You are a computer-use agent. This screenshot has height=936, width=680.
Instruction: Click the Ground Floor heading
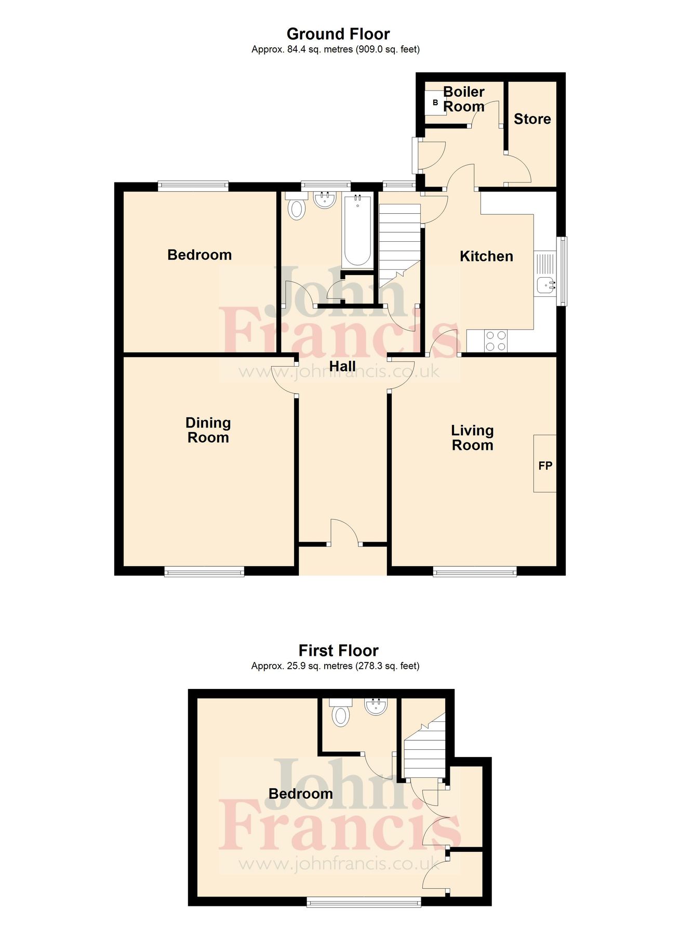tap(338, 34)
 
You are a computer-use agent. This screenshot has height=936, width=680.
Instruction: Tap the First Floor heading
tap(338, 651)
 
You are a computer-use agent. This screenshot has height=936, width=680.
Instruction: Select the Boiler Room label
tap(463, 99)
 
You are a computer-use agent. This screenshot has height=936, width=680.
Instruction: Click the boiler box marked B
tap(435, 103)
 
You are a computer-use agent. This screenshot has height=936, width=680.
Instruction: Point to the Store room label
tap(532, 119)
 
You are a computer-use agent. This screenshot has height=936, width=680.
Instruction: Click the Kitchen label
tap(486, 256)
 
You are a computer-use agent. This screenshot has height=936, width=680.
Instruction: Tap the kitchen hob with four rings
tap(495, 341)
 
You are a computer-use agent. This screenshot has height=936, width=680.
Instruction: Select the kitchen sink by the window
tap(545, 284)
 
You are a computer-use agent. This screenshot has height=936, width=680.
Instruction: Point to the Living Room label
tap(472, 438)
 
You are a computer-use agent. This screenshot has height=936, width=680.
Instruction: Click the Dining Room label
tap(208, 430)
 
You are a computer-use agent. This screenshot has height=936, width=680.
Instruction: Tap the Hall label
tap(342, 367)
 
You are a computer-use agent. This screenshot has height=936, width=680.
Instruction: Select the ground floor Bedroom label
tap(199, 255)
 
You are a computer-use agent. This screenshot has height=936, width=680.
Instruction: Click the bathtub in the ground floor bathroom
tap(357, 230)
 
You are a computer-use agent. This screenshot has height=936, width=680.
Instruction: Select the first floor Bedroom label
tap(300, 794)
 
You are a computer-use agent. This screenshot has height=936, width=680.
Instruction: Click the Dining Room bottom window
tap(204, 572)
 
